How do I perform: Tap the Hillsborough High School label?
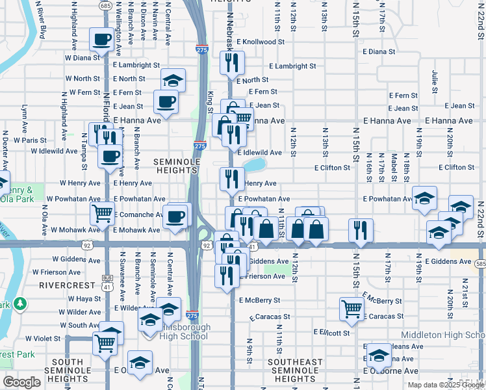181,331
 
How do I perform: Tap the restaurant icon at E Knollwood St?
231,62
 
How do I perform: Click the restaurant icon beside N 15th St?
359,229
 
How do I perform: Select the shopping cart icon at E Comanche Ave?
102,213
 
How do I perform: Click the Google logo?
22,382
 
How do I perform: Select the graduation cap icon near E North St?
173,80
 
